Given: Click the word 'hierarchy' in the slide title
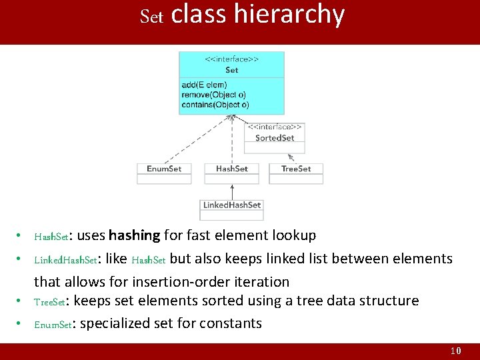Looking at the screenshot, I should pyautogui.click(x=289, y=15).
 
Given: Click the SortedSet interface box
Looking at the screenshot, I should pyautogui.click(x=275, y=138).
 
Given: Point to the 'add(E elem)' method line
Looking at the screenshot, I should pyautogui.click(x=204, y=85).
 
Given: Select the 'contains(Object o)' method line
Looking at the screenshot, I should pyautogui.click(x=215, y=105).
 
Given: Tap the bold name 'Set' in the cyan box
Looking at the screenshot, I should pyautogui.click(x=231, y=70).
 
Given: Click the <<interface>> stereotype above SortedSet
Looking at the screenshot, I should pyautogui.click(x=275, y=127).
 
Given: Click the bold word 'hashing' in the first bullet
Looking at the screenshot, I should pyautogui.click(x=134, y=235).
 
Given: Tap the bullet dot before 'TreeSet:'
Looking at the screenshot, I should pyautogui.click(x=21, y=301).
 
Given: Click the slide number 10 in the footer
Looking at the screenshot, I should pyautogui.click(x=456, y=351).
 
